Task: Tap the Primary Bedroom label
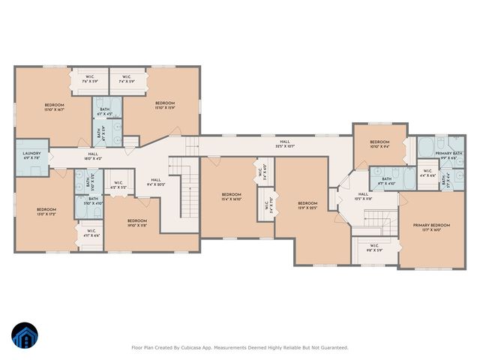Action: coord(431,227)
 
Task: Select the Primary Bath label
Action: coord(449,155)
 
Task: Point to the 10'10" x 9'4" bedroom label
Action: coord(379,144)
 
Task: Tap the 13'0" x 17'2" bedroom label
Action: coord(46,211)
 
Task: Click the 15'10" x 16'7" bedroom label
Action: coord(54,106)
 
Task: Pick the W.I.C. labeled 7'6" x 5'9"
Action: coord(88,79)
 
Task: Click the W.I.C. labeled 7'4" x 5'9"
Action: coord(126,79)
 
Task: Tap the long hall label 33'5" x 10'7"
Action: coord(285,142)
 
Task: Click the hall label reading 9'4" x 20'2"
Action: coord(156,182)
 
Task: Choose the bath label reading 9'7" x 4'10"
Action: coord(387,181)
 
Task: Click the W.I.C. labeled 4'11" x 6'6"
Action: coord(91,232)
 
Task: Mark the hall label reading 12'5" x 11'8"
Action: coord(363,196)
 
